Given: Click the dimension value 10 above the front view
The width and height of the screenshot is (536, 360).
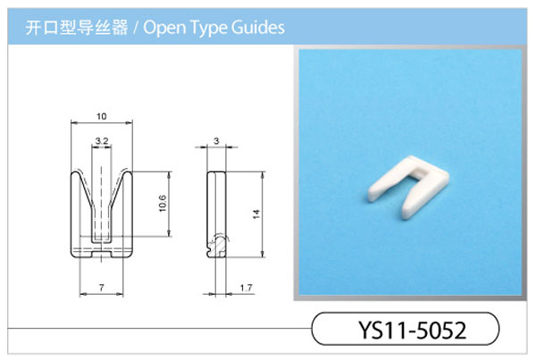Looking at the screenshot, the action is point(102,117).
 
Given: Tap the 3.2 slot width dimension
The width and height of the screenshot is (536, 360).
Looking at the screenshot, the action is point(102,141).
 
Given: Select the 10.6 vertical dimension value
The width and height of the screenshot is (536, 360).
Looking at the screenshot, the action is point(163,204).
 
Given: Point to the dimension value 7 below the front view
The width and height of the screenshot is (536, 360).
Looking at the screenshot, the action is point(102,288).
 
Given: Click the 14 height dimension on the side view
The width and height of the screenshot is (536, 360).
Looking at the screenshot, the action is point(256,214).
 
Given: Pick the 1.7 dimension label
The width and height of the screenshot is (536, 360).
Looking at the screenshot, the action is point(246,288).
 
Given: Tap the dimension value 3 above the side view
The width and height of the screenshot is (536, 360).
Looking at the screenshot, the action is point(216,140).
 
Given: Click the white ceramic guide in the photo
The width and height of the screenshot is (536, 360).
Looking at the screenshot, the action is point(409,187).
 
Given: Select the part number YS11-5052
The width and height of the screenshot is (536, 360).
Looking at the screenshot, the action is point(412,330).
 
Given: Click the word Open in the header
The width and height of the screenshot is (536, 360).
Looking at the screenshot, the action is point(164,28).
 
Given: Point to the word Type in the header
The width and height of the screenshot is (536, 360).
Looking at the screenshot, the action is point(208,28).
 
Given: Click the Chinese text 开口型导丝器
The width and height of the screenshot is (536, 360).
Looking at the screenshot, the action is point(77,28).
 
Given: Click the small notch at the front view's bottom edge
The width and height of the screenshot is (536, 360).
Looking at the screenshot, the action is point(102,255).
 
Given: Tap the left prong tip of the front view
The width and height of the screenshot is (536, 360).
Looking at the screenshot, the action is point(75,173).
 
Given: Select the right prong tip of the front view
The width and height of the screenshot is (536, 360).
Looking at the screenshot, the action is point(128,173).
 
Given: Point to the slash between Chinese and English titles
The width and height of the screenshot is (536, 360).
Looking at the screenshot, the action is point(136,28).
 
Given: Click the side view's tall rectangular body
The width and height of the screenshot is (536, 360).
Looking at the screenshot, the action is point(216,214).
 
